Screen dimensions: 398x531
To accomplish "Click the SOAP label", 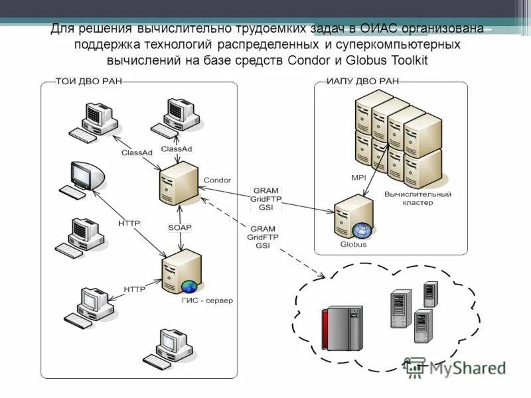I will click(179, 228).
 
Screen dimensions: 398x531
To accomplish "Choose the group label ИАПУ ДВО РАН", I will click(362, 82).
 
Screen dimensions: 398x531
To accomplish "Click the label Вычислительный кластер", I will click(417, 198).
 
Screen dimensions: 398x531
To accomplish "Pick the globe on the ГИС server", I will click(190, 287).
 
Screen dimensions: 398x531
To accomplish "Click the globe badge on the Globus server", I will click(362, 231).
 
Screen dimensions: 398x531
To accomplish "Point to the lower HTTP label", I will click(134, 289).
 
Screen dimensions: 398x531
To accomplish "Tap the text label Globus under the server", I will click(353, 244).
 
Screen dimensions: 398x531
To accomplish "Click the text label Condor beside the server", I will click(217, 180).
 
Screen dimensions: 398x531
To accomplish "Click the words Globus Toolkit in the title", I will click(391, 60).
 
